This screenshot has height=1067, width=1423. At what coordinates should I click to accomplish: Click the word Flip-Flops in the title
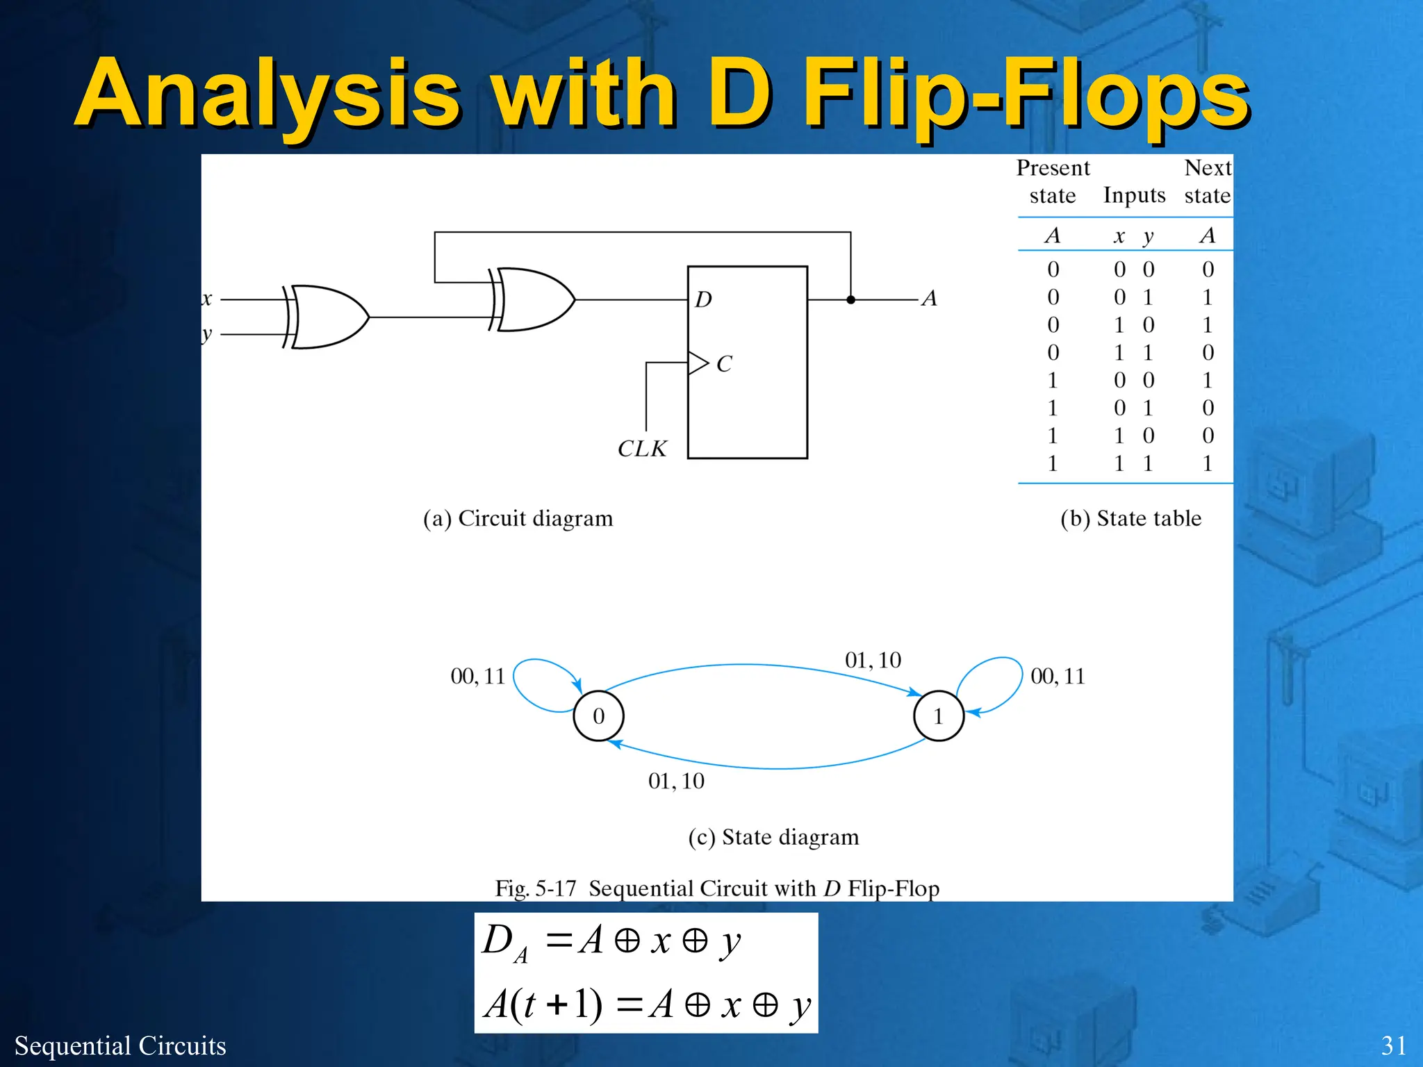click(1025, 94)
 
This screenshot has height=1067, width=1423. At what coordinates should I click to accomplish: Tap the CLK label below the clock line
click(642, 449)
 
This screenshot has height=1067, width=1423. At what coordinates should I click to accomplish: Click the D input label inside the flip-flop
click(703, 299)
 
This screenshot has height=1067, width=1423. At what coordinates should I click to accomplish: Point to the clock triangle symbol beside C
click(697, 363)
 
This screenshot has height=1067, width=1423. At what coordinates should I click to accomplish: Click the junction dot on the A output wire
click(850, 300)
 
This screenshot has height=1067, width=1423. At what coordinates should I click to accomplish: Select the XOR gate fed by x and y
click(327, 317)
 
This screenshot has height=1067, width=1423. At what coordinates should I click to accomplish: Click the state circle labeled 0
click(598, 716)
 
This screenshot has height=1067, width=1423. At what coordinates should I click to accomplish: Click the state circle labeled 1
click(938, 716)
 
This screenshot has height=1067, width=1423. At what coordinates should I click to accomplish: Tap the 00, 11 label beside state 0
click(477, 676)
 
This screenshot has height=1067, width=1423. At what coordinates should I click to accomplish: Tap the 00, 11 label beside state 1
click(1057, 676)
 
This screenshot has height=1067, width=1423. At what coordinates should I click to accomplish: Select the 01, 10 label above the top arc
click(873, 660)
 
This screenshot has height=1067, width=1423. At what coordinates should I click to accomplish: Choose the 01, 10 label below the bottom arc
click(676, 781)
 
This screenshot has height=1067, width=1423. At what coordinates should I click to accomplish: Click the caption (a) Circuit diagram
click(518, 518)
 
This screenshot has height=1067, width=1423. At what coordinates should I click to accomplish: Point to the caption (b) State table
click(1130, 518)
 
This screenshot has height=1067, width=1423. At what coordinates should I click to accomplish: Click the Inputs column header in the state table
click(1134, 195)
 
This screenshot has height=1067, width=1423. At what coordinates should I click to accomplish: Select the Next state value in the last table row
click(1208, 463)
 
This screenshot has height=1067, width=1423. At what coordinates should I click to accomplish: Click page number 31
click(1393, 1045)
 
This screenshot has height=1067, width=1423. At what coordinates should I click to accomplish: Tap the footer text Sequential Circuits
click(120, 1045)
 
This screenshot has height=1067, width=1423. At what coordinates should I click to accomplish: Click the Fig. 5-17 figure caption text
click(716, 888)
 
